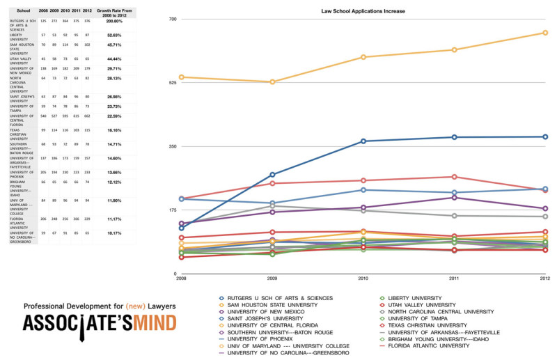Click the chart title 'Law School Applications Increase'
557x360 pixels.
pos(363,12)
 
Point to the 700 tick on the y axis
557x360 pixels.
pos(173,19)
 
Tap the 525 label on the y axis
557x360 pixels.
pos(173,82)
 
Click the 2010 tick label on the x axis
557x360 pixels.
pos(363,279)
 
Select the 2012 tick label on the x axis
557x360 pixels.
pos(545,279)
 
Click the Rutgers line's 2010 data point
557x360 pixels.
pos(363,141)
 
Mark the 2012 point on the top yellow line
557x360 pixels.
pos(545,33)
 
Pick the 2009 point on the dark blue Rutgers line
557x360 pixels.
pos(272,175)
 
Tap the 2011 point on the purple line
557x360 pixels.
pos(454,198)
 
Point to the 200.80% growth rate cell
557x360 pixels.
pos(114,22)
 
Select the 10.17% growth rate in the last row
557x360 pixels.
pos(114,233)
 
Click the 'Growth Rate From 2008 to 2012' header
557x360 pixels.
pos(114,12)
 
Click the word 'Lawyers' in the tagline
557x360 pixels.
pos(157,306)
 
